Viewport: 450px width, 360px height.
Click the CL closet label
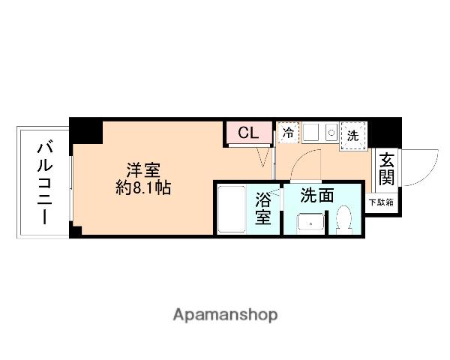click(x=248, y=133)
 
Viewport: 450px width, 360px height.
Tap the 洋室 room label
click(x=142, y=169)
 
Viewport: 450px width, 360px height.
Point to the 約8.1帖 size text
click(x=142, y=188)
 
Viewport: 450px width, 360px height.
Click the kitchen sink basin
click(x=312, y=133)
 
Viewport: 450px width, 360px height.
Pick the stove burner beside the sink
click(x=331, y=133)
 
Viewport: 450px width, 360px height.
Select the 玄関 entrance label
click(x=386, y=168)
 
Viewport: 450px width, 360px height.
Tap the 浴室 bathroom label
click(x=262, y=208)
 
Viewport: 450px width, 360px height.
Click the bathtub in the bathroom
click(x=232, y=210)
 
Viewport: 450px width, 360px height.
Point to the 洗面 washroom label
click(x=316, y=196)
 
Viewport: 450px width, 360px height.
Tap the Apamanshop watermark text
click(x=224, y=314)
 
